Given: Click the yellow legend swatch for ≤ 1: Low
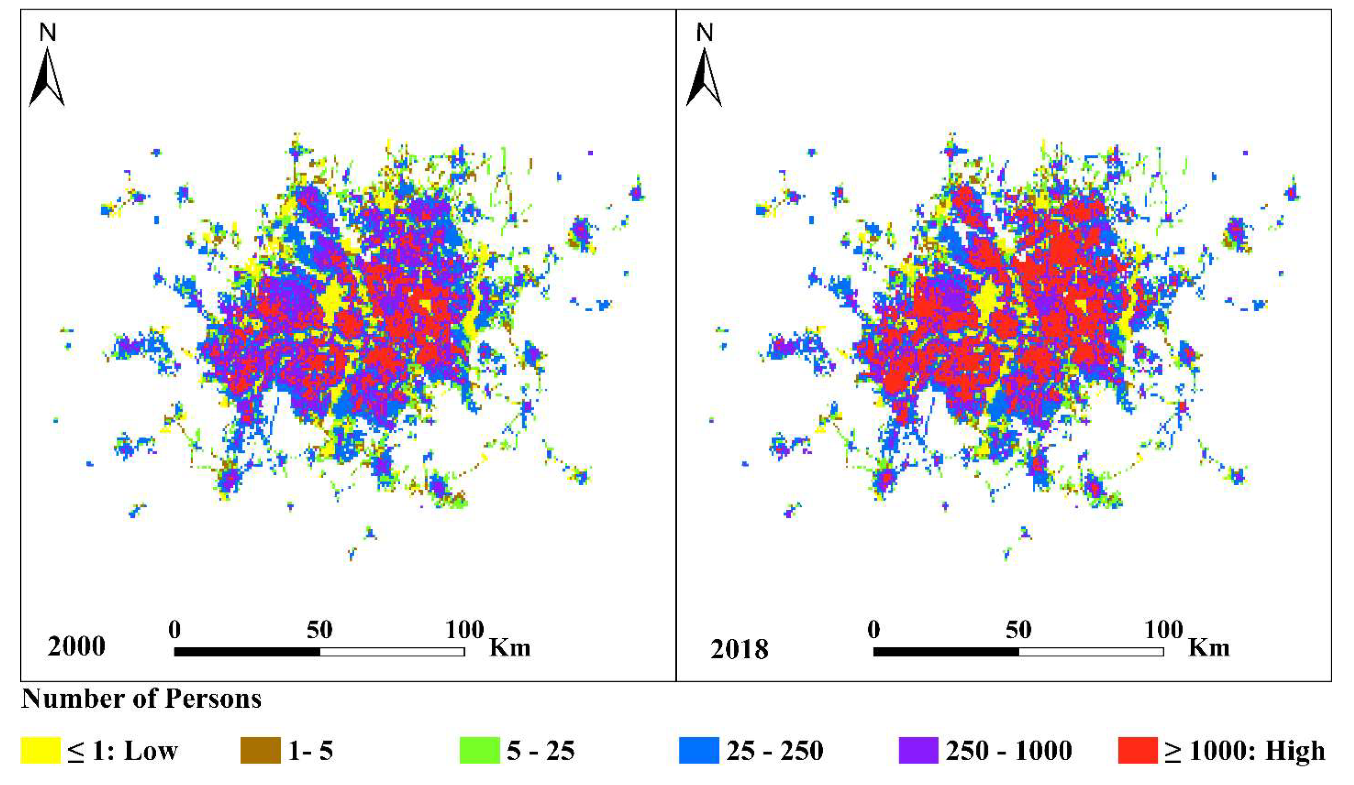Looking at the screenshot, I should [40, 750].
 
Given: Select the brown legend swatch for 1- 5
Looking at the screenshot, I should [260, 750].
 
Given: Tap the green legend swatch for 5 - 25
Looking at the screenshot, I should [479, 750].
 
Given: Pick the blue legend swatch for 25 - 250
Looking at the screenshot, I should [699, 750].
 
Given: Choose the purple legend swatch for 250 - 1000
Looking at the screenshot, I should [918, 750].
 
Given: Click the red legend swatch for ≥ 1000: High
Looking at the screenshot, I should [1137, 750].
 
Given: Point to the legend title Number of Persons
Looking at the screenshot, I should [141, 699].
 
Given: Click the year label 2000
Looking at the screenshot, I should [76, 646].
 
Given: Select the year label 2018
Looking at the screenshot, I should [739, 650].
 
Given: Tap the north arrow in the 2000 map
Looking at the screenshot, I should [47, 78].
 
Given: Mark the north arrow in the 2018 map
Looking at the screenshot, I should [704, 78].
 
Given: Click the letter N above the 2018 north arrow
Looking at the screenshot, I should [704, 33].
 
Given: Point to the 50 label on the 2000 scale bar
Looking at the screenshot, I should [320, 630].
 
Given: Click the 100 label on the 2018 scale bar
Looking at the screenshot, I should [1163, 630].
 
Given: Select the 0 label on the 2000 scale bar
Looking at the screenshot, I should [174, 630].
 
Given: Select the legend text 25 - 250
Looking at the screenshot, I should [775, 750].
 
